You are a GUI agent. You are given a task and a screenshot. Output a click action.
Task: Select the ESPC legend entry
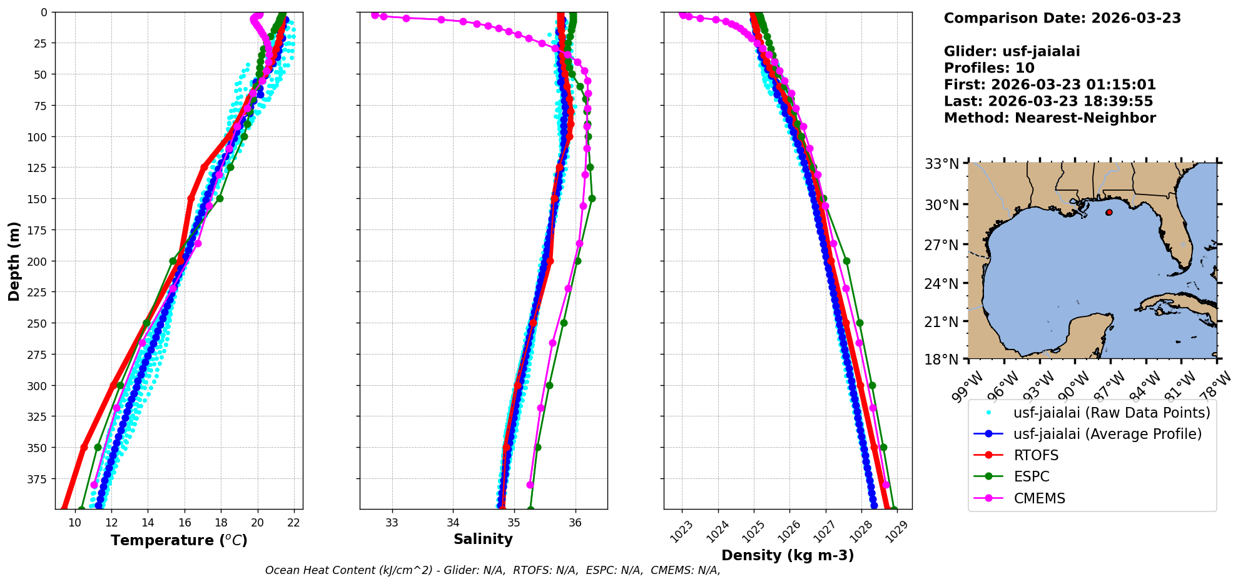point(1031,476)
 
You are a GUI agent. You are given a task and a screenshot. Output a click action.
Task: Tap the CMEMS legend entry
point(1039,498)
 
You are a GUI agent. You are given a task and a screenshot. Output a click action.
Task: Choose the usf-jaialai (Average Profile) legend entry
point(1107,434)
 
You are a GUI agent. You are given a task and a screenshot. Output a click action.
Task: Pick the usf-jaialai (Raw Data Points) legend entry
point(1112,413)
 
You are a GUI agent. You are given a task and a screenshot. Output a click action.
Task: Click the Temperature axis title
point(179,540)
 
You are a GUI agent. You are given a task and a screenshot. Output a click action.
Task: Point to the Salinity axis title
point(483,539)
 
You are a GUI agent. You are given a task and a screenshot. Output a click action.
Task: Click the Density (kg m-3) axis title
point(788,555)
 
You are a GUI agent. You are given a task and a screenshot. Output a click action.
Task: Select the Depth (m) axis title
point(14,261)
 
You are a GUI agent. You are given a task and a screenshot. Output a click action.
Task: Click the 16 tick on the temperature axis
point(185,523)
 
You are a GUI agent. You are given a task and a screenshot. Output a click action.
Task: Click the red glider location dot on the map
point(1109,213)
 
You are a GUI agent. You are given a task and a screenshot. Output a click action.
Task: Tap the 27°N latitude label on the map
point(941,244)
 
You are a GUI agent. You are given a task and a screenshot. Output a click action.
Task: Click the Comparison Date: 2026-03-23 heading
point(1062,18)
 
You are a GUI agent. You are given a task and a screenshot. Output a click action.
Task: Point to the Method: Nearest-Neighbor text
point(1050,118)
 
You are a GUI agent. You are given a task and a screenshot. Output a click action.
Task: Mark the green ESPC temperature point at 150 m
point(220,199)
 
